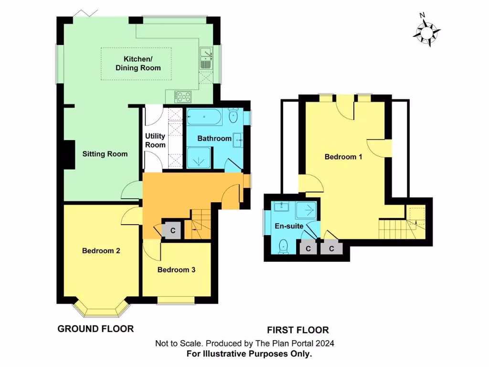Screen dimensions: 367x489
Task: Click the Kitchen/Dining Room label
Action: (138, 63)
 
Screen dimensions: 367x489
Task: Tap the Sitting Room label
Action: (105, 154)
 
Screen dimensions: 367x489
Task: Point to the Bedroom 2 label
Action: (101, 250)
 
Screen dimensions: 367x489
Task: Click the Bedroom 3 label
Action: (176, 270)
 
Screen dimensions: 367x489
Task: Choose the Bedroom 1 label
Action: (343, 157)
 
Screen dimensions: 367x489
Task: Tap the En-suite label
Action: (288, 226)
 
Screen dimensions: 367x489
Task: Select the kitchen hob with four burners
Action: (183, 97)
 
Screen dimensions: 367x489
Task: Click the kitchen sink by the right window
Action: (207, 57)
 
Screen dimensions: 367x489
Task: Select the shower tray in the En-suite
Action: (307, 209)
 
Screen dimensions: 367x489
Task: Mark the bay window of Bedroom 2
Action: (101, 309)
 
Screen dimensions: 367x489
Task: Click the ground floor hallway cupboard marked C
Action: (172, 230)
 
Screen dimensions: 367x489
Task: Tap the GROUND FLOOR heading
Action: (96, 329)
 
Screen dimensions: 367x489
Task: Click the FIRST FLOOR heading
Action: (298, 330)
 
